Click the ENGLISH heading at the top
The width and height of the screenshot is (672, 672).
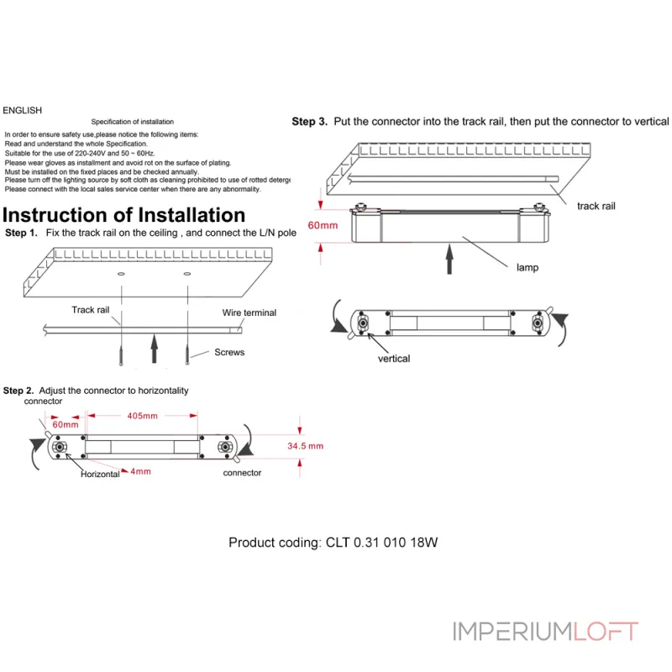coord(22,110)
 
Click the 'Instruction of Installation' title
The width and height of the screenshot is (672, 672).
coord(124,215)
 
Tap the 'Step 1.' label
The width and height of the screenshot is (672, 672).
coord(21,233)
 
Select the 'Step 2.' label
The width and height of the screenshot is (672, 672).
coord(19,391)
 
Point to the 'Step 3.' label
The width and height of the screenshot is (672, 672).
coord(309,122)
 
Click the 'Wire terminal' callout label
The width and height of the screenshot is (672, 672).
coord(249,312)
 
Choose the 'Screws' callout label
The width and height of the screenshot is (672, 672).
coord(229,352)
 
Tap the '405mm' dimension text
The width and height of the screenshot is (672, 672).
coord(142,416)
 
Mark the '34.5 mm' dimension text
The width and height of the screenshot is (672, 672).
coord(305,446)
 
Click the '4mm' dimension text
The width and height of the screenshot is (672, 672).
coord(140,471)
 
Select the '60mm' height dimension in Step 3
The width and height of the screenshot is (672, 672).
coord(323,225)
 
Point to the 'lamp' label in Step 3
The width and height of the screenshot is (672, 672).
coord(528,268)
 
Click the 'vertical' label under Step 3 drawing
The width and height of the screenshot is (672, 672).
coord(394,359)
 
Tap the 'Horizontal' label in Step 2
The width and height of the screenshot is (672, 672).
coord(100,475)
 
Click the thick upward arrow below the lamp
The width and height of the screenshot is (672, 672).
coord(449,257)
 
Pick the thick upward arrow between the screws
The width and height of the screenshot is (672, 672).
coord(154,348)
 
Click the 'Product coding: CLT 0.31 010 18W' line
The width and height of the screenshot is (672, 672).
coord(333,543)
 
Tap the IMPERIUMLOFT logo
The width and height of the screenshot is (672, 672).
coord(545,631)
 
